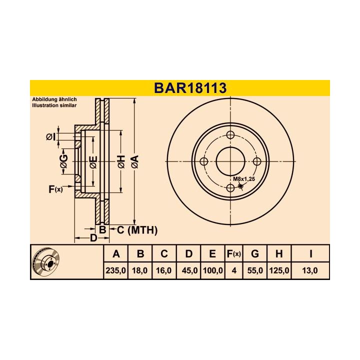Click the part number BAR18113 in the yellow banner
(190, 88)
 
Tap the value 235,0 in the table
(115, 270)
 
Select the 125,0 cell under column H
(279, 270)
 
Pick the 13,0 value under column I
(310, 270)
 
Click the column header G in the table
(255, 254)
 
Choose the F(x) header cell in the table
(233, 254)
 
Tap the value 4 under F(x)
(234, 270)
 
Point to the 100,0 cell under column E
(213, 270)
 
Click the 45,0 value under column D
(189, 270)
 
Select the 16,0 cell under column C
(163, 270)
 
